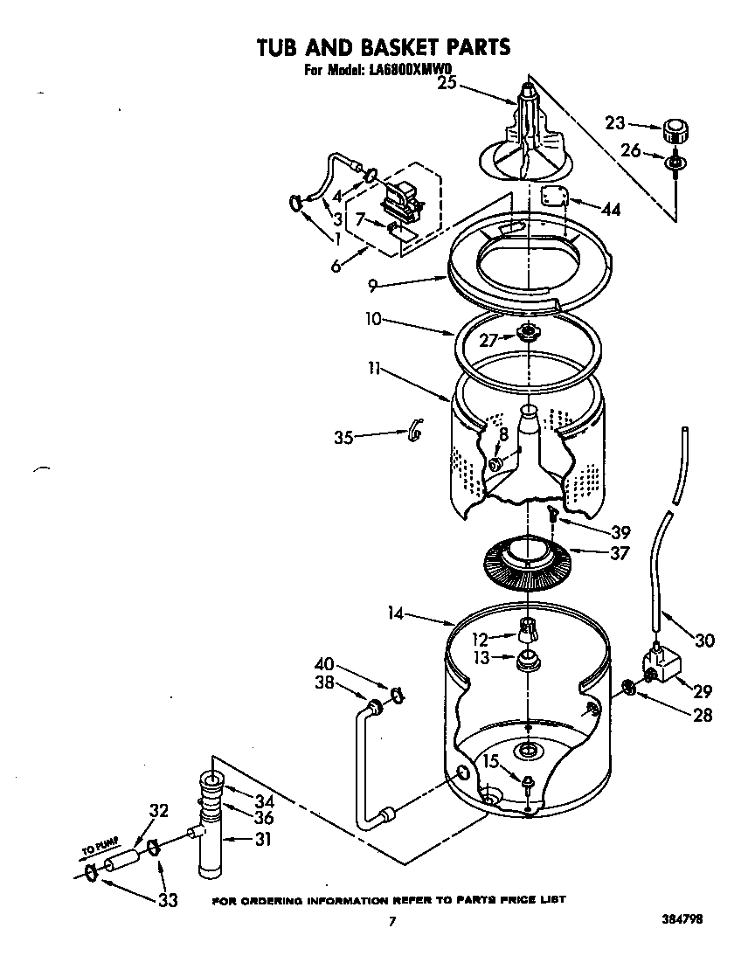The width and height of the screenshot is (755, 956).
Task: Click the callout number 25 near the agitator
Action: [x=447, y=84]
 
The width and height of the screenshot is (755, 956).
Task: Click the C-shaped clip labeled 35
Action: [x=417, y=430]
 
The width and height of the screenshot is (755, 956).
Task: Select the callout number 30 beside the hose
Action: [x=703, y=641]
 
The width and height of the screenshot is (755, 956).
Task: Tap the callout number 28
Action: [x=702, y=716]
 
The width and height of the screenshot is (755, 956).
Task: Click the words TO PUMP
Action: [x=100, y=847]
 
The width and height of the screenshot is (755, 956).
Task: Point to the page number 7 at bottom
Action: [x=393, y=921]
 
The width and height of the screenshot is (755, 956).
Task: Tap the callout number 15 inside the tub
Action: [x=492, y=762]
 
